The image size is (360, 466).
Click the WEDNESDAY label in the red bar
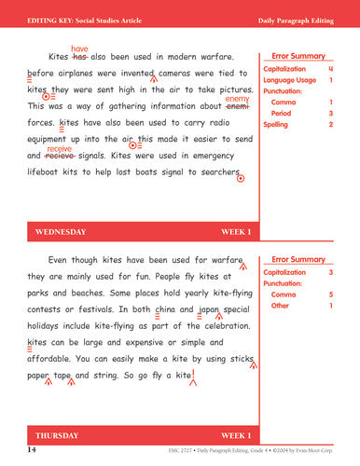click(x=61, y=231)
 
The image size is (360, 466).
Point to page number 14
click(x=32, y=450)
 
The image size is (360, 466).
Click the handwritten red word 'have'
click(x=80, y=48)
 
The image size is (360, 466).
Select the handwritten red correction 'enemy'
click(x=237, y=99)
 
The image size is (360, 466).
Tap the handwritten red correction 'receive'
click(x=59, y=149)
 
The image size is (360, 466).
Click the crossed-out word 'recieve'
click(x=59, y=157)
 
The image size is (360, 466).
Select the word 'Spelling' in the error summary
click(x=277, y=124)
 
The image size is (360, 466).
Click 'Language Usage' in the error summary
click(x=293, y=80)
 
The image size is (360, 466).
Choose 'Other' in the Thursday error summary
click(x=281, y=306)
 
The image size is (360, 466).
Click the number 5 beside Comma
click(x=331, y=295)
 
